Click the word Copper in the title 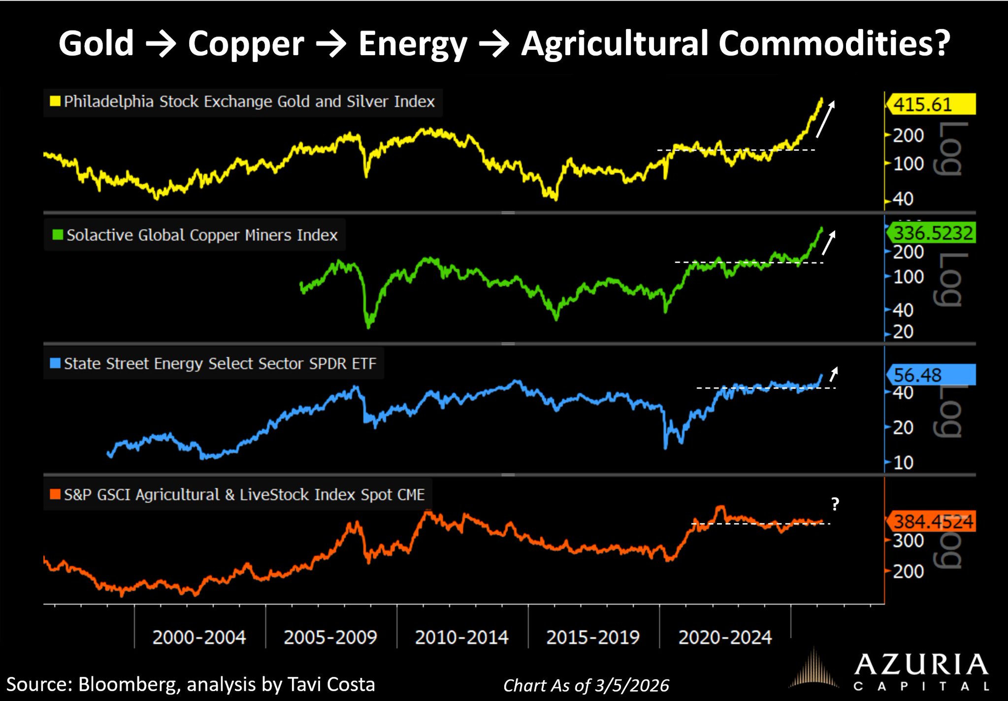pyautogui.click(x=246, y=44)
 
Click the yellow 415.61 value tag pyautogui.click(x=930, y=104)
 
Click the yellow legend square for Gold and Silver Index pyautogui.click(x=55, y=101)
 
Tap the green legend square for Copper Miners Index pyautogui.click(x=58, y=235)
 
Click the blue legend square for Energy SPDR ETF pyautogui.click(x=55, y=363)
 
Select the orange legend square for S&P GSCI pyautogui.click(x=55, y=494)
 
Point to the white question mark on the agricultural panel pyautogui.click(x=835, y=504)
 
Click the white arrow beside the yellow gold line pyautogui.click(x=825, y=119)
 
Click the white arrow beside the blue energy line pyautogui.click(x=833, y=374)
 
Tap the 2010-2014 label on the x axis pyautogui.click(x=461, y=637)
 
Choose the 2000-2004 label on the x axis pyautogui.click(x=199, y=637)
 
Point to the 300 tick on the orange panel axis pyautogui.click(x=908, y=541)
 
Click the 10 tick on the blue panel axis pyautogui.click(x=903, y=463)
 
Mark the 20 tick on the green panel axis pyautogui.click(x=903, y=332)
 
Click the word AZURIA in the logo pyautogui.click(x=920, y=665)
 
